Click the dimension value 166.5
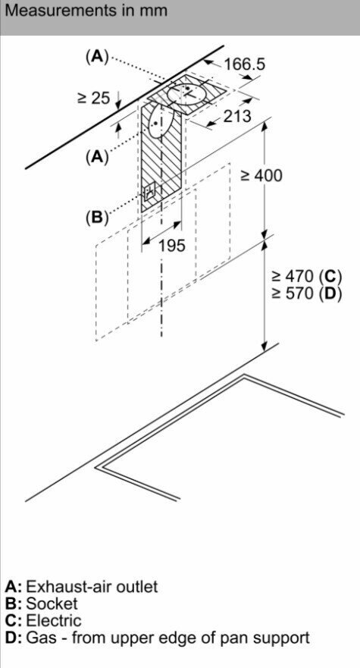click(245, 64)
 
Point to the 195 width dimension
click(172, 245)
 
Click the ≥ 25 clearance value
click(94, 98)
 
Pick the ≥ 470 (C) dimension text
click(307, 277)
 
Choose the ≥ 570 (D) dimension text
click(307, 294)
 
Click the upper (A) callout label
click(98, 56)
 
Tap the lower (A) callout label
click(98, 158)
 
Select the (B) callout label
click(98, 218)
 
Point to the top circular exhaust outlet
click(186, 93)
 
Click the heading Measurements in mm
click(86, 10)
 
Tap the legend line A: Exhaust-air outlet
click(81, 587)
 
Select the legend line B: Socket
click(42, 604)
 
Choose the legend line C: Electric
click(43, 621)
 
